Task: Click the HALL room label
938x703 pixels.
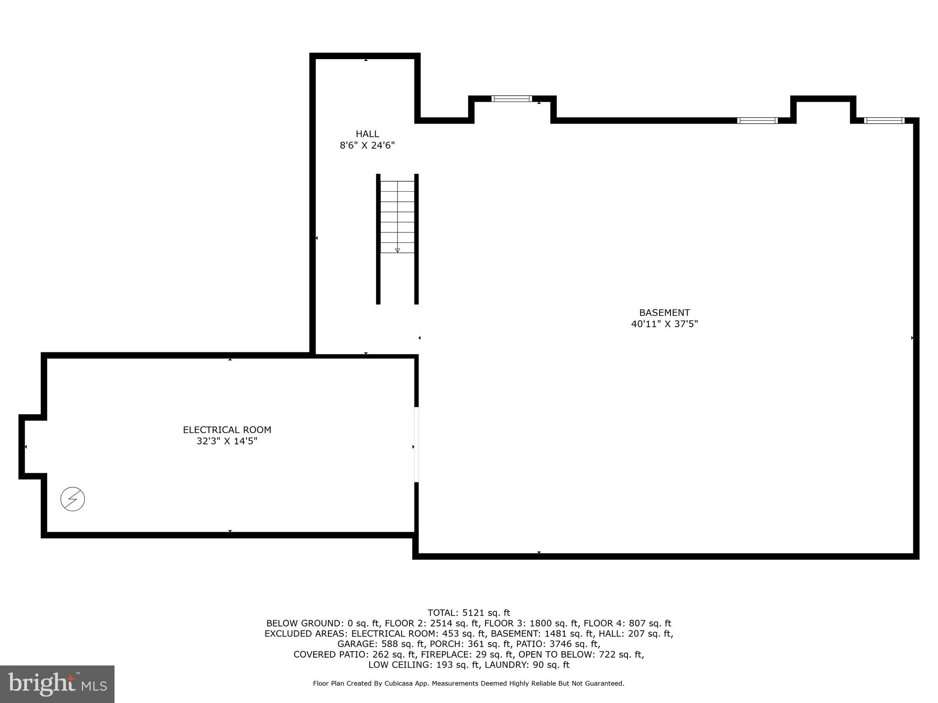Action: coord(367,134)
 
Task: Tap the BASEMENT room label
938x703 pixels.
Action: coord(664,313)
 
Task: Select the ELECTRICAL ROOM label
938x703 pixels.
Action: coord(227,430)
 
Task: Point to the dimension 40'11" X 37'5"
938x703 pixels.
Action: coord(664,324)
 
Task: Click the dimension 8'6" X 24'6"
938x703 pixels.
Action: coord(367,146)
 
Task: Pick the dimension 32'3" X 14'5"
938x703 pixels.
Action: coord(227,442)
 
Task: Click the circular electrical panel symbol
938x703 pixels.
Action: coord(73,499)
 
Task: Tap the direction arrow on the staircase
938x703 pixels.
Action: coord(397,250)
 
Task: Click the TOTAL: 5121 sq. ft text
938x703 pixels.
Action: coord(469,613)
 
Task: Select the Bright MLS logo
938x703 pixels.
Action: coord(57,684)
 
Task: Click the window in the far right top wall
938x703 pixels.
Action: coord(884,121)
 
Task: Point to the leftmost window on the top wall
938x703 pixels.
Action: coord(512,98)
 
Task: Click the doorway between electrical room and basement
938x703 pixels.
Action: coord(416,444)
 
